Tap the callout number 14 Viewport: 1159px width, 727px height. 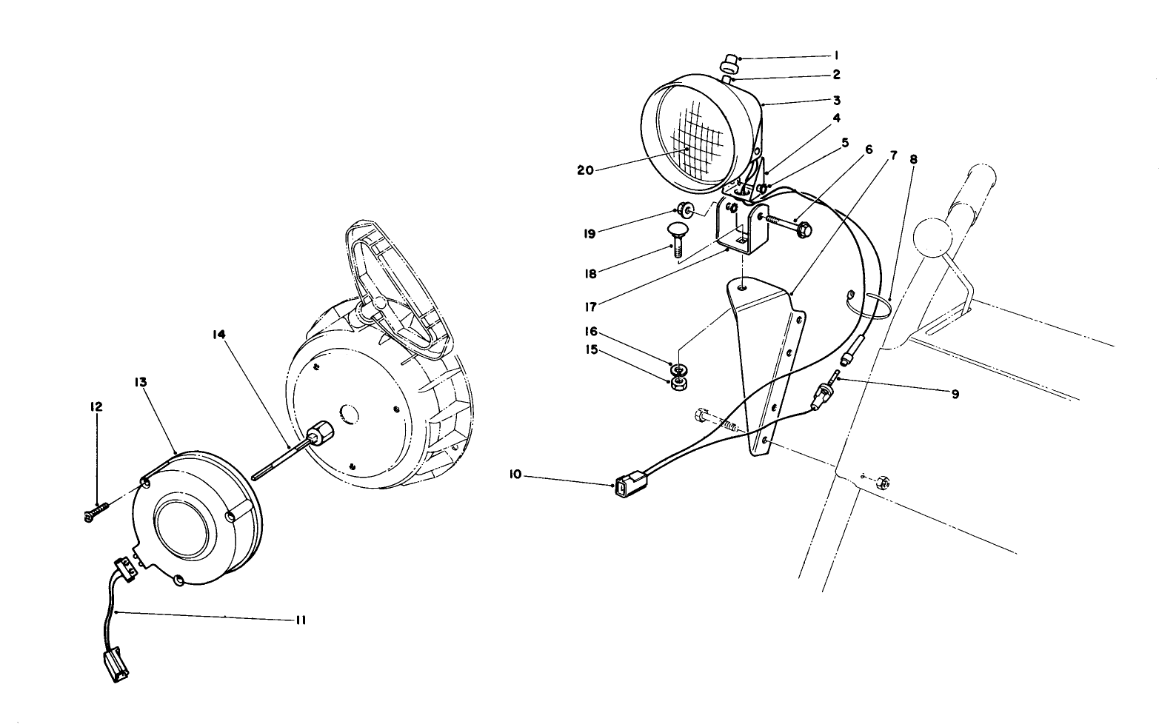tap(218, 335)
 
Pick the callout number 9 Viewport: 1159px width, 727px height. tap(955, 395)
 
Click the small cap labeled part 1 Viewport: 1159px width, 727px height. tap(729, 60)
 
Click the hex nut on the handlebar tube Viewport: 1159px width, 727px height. tap(882, 483)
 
